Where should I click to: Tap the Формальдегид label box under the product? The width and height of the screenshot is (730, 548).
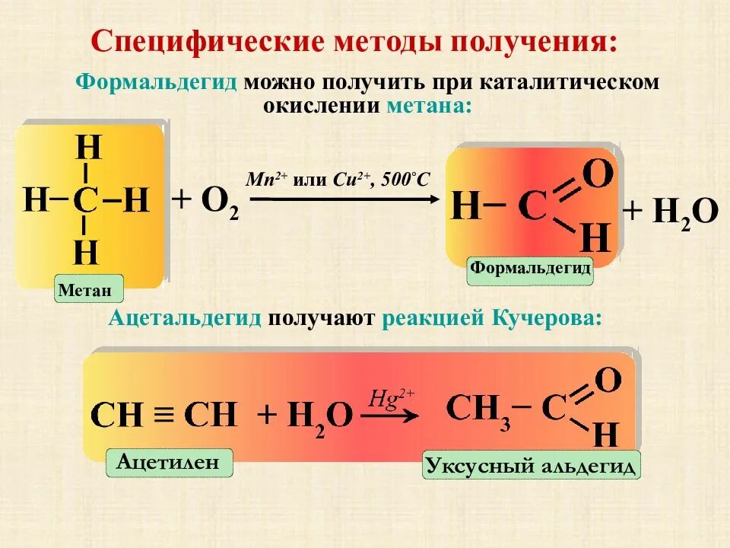pos(530,269)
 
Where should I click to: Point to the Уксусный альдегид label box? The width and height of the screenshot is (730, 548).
pos(531,465)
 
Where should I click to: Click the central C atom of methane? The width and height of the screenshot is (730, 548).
pos(86,201)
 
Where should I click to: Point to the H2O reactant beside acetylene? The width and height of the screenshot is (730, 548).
pos(315,416)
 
